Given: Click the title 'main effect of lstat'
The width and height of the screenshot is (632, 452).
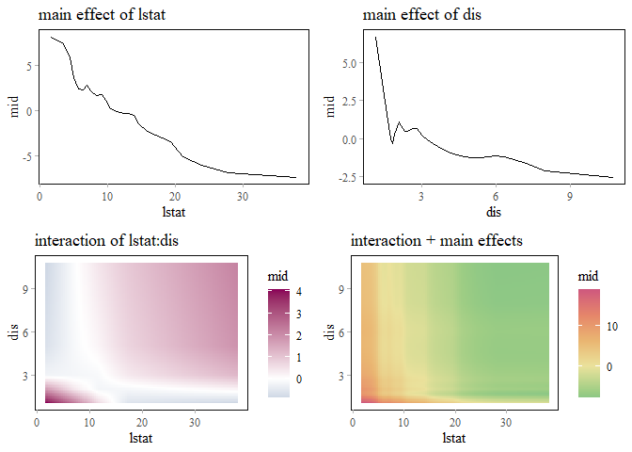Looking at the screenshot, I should tap(95, 16).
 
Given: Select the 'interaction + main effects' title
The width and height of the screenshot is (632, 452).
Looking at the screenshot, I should tap(436, 241).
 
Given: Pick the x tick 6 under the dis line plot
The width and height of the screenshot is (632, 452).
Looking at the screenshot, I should tap(496, 197).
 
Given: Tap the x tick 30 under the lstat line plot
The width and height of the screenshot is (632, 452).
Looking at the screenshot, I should tap(243, 197).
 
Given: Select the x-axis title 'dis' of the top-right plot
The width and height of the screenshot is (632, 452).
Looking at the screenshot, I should tap(495, 211).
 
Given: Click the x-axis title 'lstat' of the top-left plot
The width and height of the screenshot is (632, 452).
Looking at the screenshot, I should tap(171, 211).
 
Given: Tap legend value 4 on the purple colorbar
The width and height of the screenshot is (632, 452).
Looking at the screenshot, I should tap(298, 293).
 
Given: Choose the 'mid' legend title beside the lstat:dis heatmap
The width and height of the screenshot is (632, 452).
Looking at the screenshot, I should tap(277, 276).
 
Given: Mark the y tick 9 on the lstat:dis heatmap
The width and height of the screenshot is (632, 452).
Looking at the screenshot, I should tap(25, 290).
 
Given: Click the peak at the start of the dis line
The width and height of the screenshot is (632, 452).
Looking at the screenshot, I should tap(375, 38).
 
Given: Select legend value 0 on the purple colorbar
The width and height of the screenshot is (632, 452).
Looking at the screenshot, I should tap(298, 379).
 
